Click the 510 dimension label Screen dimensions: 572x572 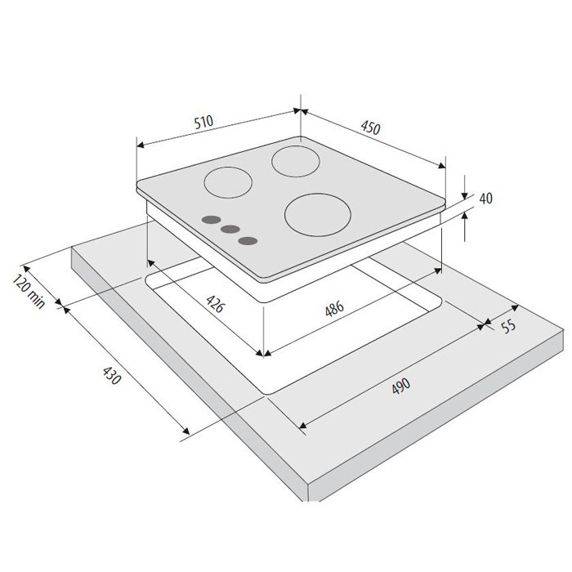point(203,123)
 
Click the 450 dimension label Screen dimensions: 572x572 point(371,127)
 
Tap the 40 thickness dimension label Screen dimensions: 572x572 point(485,198)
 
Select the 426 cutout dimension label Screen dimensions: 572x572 point(214,304)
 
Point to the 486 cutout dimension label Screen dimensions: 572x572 point(334,309)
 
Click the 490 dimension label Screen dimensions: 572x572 point(401,386)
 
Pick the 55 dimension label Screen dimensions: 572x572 point(509,326)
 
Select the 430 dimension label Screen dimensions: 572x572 point(111,375)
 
